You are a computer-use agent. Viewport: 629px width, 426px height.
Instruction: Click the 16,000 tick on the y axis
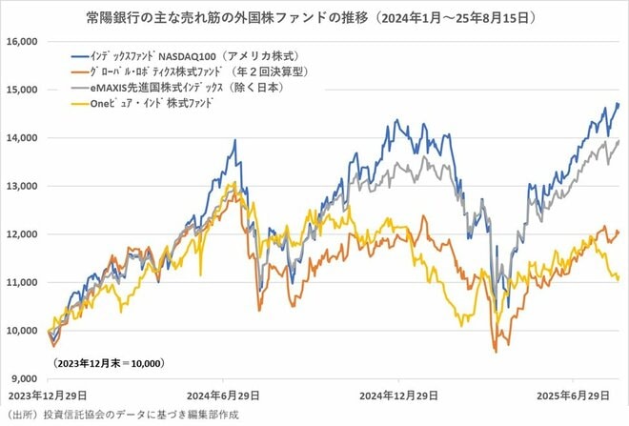[x=19, y=42]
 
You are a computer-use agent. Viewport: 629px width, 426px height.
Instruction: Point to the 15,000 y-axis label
[x=19, y=90]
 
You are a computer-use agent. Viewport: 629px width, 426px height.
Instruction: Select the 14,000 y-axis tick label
[x=19, y=138]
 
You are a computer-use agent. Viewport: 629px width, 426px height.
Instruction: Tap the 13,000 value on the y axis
[x=19, y=186]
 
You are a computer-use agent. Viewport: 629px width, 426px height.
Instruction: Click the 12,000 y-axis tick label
[x=19, y=234]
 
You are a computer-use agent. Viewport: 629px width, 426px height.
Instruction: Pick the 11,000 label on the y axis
[x=19, y=282]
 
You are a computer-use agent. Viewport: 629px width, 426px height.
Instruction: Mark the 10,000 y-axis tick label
[x=19, y=331]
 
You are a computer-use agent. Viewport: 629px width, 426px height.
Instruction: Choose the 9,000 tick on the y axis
[x=22, y=378]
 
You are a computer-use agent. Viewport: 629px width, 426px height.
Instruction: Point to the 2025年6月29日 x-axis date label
[x=568, y=396]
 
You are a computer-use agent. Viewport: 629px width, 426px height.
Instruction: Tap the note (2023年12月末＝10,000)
[x=109, y=363]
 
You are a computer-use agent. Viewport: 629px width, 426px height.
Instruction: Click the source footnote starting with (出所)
[x=121, y=415]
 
